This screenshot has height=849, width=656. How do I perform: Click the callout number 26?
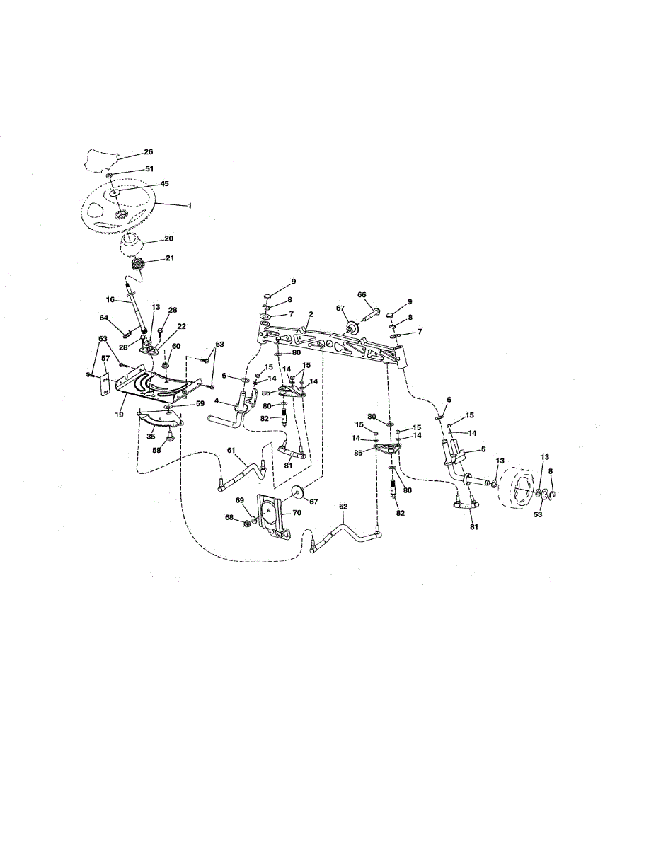[149, 151]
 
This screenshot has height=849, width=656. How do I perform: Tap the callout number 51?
[149, 169]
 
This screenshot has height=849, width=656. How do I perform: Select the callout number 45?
[164, 184]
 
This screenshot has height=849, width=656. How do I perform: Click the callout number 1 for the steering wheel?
[189, 205]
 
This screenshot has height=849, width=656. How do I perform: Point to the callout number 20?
[168, 239]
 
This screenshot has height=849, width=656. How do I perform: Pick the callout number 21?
[169, 258]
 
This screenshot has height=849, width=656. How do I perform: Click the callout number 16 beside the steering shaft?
[110, 300]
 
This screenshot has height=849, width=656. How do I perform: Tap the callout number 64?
[104, 318]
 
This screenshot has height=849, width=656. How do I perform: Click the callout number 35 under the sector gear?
[150, 437]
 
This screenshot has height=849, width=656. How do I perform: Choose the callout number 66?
[362, 294]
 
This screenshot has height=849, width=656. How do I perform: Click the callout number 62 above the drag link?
[344, 507]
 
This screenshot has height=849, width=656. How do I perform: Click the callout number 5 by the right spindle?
[483, 449]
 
